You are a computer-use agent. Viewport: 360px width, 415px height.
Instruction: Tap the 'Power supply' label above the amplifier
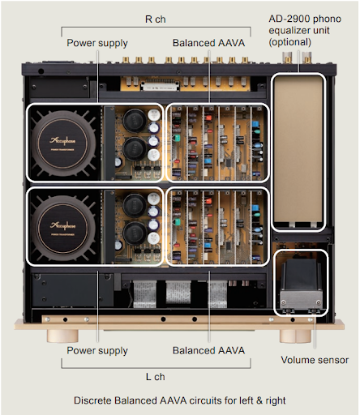pyautogui.click(x=96, y=41)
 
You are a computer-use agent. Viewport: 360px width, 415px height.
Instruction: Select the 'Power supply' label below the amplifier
pyautogui.click(x=96, y=350)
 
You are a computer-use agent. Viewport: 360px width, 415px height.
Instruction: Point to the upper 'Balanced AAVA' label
pyautogui.click(x=209, y=41)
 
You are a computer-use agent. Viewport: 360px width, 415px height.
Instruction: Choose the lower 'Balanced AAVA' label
pyautogui.click(x=209, y=350)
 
